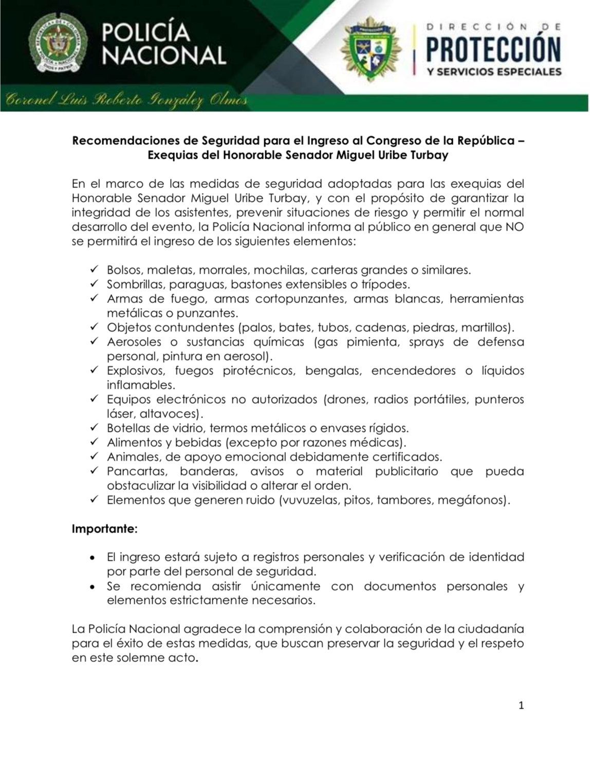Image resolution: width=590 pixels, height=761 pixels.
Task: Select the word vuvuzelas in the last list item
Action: pyautogui.click(x=307, y=500)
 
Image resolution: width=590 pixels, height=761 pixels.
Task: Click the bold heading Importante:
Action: pyautogui.click(x=105, y=529)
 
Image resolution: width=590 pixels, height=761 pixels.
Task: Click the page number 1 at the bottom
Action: pyautogui.click(x=521, y=706)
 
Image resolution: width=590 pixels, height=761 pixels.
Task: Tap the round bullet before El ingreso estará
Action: pyautogui.click(x=93, y=558)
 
